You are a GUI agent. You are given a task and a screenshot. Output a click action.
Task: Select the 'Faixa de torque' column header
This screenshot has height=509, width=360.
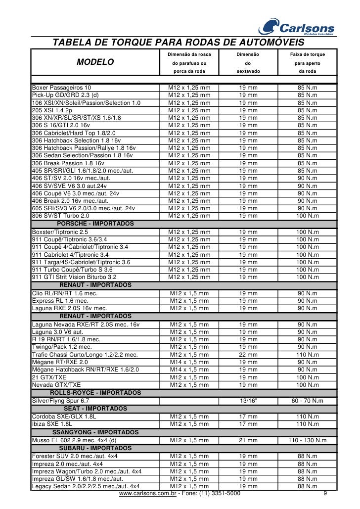[x=308, y=54]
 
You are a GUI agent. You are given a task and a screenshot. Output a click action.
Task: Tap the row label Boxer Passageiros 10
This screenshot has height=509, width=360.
[x=61, y=88]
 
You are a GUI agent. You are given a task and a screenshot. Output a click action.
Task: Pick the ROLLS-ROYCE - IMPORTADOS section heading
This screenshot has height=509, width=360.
[x=95, y=393]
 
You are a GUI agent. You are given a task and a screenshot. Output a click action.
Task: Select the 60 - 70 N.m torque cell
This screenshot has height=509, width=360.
[x=308, y=400]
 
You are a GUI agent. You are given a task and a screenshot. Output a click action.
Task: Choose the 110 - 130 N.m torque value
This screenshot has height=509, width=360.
[x=308, y=440]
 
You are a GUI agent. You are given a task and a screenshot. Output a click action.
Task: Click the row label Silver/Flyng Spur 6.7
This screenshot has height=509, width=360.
[x=60, y=400]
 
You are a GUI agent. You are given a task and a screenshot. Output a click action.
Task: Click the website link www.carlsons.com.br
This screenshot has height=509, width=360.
[x=148, y=494]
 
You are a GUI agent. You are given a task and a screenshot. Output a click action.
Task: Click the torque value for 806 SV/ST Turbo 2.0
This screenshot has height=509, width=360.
[x=308, y=216]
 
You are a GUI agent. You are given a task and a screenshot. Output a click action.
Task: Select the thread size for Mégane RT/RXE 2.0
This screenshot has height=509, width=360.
[x=189, y=362]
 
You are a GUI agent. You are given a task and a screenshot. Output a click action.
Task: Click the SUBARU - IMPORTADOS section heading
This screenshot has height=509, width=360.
[x=95, y=448]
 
